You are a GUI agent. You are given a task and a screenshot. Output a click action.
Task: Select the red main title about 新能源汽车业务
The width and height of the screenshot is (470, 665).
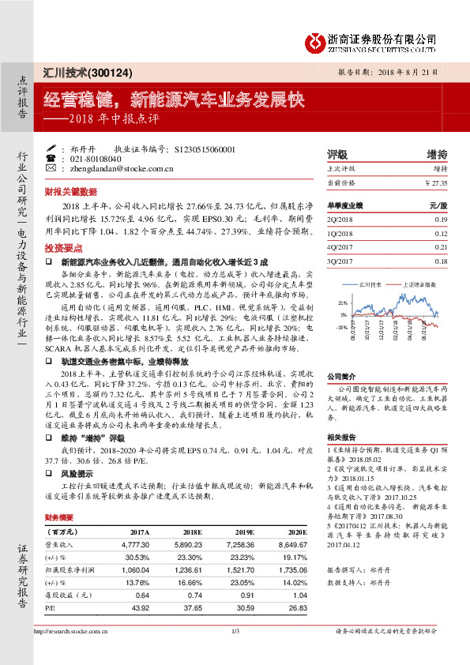[173, 100]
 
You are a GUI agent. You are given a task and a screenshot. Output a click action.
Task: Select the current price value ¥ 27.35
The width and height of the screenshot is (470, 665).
[435, 182]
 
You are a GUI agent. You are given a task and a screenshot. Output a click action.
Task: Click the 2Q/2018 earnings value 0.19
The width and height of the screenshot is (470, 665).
[440, 219]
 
